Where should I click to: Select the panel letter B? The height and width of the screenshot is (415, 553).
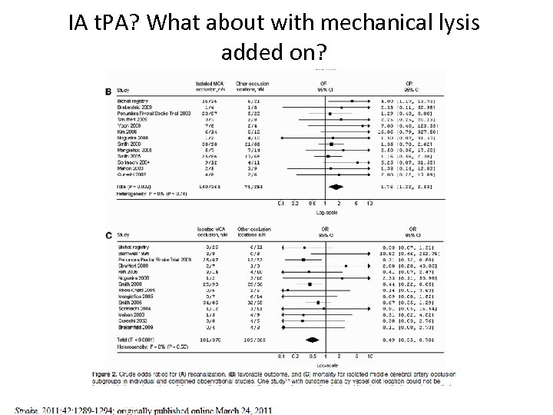point(108,91)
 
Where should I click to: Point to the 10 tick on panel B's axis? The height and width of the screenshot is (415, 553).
point(370,204)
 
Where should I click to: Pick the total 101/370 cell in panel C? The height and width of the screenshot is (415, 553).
point(210,338)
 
